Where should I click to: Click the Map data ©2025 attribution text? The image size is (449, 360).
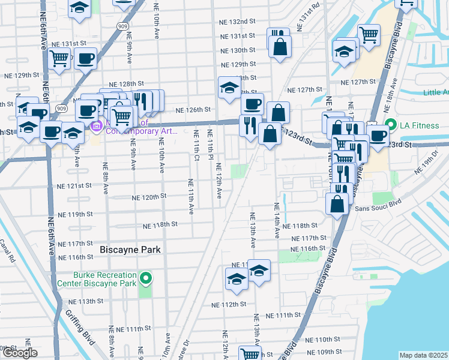pos(423,355)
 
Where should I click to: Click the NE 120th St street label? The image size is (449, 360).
pos(148,197)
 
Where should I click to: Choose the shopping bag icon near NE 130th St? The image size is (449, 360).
pos(280,46)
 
